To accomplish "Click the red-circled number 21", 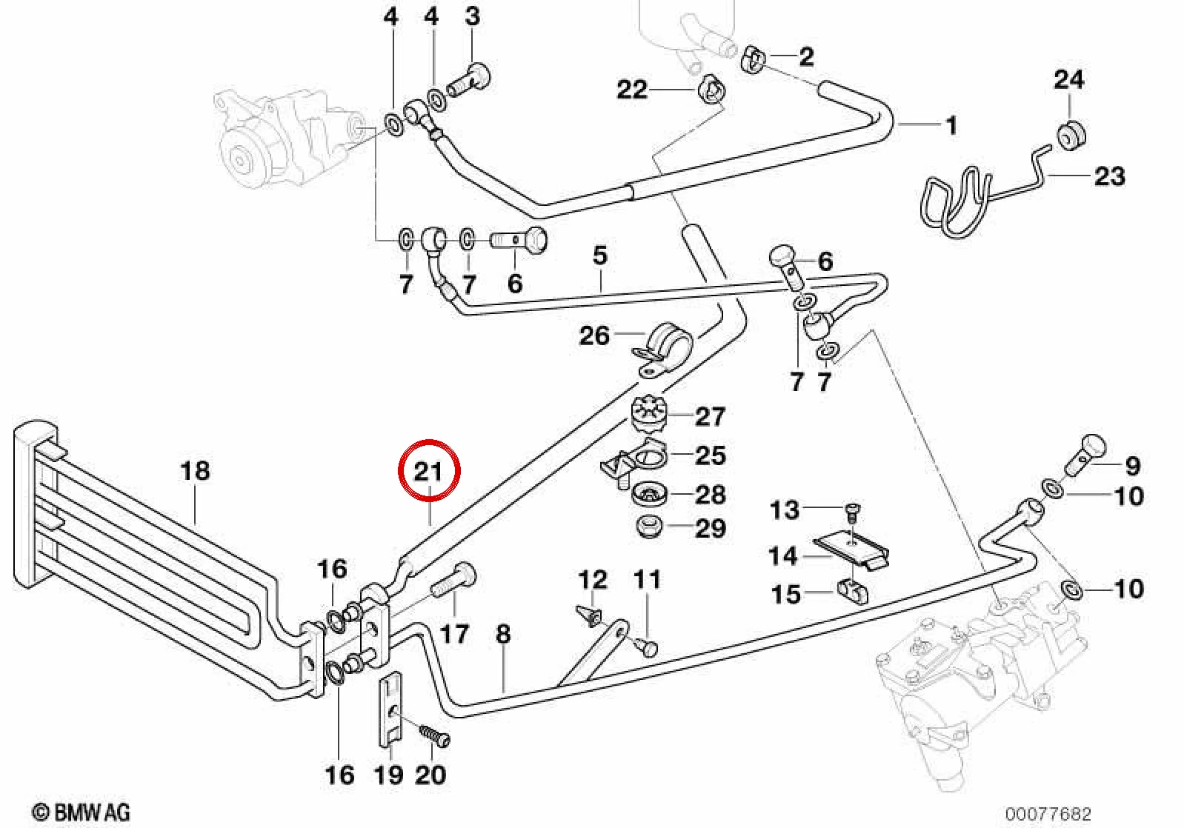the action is (x=428, y=472).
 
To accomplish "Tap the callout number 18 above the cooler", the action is (x=195, y=470).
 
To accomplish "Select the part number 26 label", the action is (x=595, y=335).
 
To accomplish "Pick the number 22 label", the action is (x=632, y=89).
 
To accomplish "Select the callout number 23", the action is (x=1109, y=176).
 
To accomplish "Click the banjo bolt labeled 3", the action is (x=469, y=81).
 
